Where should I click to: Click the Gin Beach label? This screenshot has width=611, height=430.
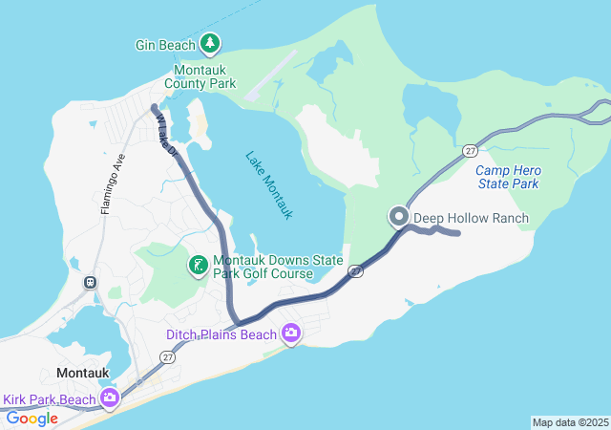(x=165, y=44)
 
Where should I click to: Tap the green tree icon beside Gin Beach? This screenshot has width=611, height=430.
(x=210, y=43)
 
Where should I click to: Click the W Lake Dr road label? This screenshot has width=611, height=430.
(x=166, y=137)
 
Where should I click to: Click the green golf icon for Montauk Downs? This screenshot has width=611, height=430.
(x=199, y=266)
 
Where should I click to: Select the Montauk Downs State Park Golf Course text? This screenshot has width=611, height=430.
(x=263, y=267)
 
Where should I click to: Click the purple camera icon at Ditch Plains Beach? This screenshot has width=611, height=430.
(x=291, y=333)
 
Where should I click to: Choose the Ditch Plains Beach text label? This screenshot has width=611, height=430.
(x=221, y=334)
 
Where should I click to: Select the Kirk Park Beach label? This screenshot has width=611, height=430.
(x=49, y=399)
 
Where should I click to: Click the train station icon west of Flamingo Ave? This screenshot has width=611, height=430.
(x=91, y=282)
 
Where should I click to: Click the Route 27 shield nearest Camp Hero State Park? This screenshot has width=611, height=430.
(x=470, y=151)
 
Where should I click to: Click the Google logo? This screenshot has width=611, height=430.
(x=32, y=418)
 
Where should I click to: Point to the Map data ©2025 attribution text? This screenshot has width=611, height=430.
(x=570, y=422)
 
